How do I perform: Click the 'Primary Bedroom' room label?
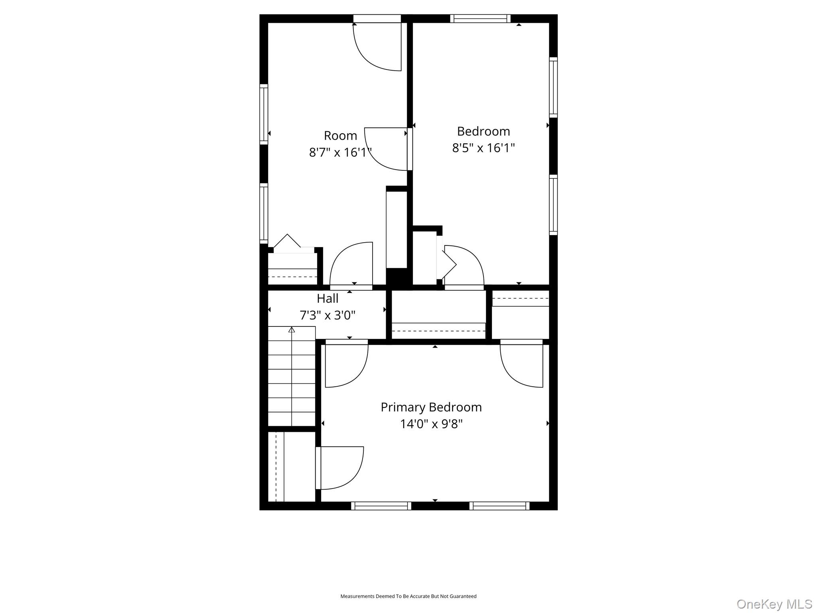click(431, 407)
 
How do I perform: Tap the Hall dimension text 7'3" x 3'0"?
click(328, 316)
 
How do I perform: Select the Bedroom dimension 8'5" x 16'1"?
click(483, 148)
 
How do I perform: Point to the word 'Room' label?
click(340, 136)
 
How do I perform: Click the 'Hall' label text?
click(328, 299)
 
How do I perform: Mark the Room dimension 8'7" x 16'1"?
click(340, 152)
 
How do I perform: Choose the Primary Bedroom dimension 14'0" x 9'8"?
click(431, 424)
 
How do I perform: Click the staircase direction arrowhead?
click(292, 330)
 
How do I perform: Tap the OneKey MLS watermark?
click(774, 604)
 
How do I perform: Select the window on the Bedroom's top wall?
click(480, 18)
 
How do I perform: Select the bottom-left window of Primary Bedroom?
click(381, 506)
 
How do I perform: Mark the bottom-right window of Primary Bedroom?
click(499, 506)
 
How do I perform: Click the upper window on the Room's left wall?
click(264, 114)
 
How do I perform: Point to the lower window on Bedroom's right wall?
click(553, 205)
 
